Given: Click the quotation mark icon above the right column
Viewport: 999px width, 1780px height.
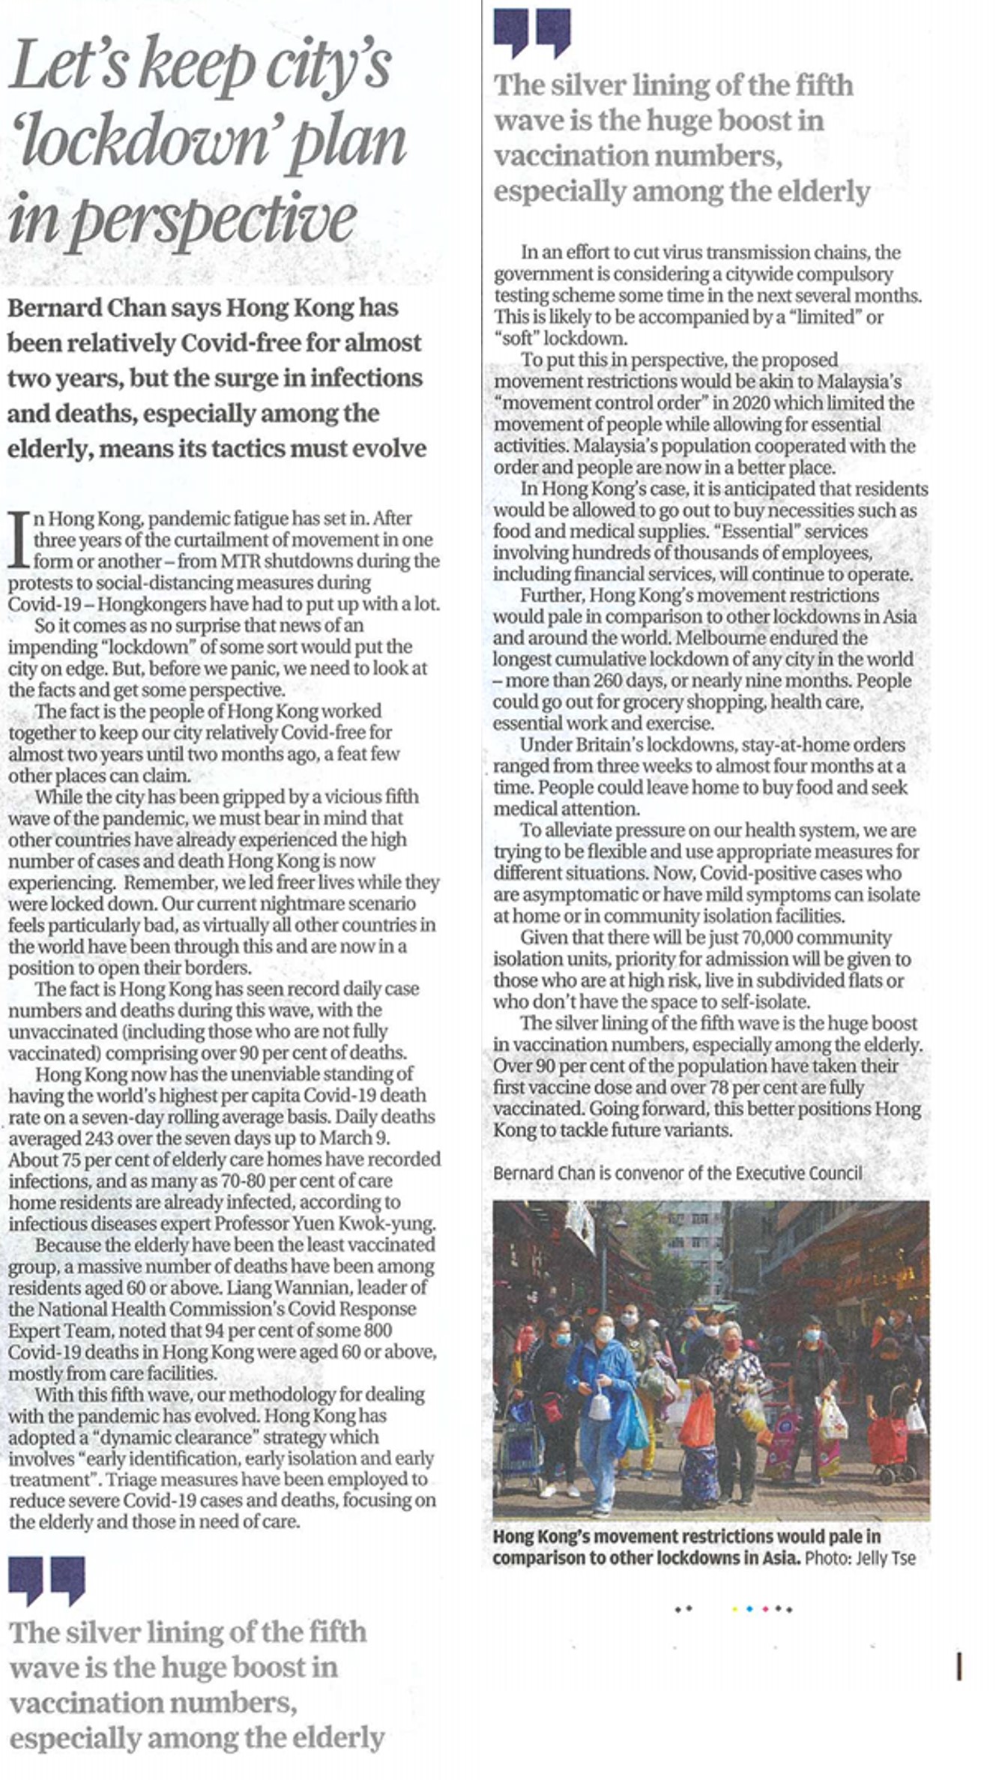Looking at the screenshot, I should [x=532, y=32].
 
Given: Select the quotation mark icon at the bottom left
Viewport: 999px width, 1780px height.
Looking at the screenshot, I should [x=46, y=1579].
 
